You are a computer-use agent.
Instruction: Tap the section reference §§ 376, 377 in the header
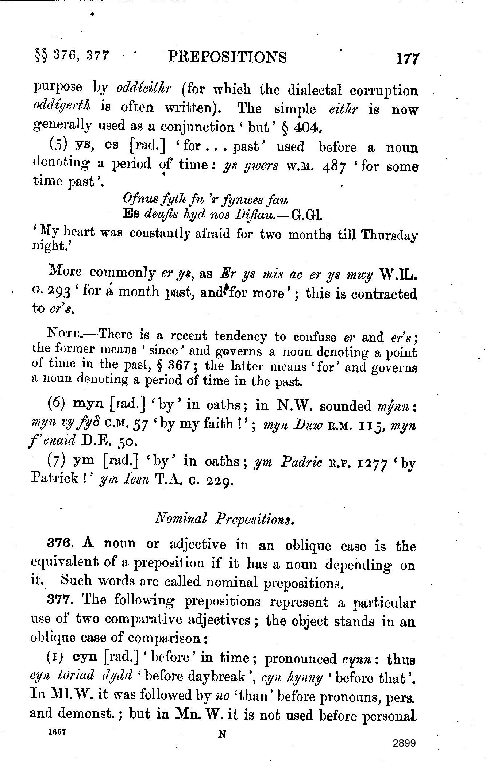point(71,56)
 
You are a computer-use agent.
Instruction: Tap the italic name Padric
point(301,463)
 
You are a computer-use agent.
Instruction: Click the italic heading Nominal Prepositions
point(225,519)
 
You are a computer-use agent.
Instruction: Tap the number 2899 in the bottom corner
point(404,743)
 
